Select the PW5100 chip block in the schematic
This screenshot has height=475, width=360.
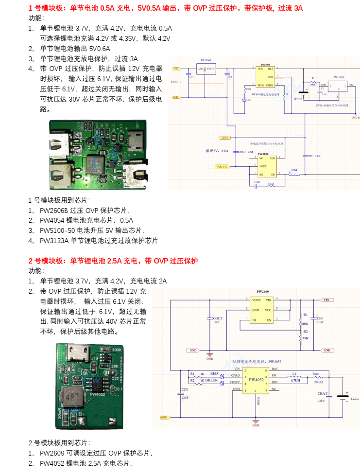[267, 166]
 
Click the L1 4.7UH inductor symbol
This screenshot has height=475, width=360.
[295, 376]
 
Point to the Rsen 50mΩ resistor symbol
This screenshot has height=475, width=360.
[317, 376]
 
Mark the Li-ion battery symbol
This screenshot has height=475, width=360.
[346, 395]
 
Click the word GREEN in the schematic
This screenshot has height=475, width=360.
[211, 381]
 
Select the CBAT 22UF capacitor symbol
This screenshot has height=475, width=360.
[329, 397]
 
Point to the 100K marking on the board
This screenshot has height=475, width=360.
[117, 350]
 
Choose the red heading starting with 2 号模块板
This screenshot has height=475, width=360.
[113, 261]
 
